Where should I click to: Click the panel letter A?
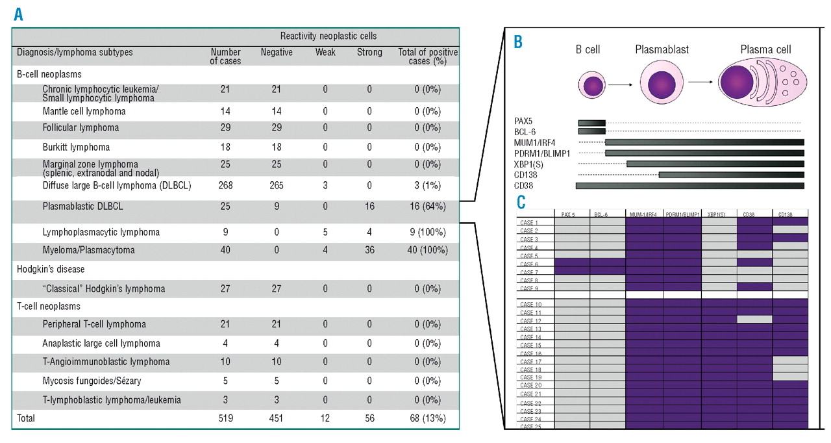pos(18,14)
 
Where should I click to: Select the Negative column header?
pos(277,53)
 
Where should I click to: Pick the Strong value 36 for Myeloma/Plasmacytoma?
pos(369,250)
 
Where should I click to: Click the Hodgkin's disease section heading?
pos(51,269)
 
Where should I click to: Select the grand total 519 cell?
pos(225,419)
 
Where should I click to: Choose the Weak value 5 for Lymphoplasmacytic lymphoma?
pos(325,233)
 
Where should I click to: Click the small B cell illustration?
pos(591,86)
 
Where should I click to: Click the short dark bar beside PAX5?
pos(591,122)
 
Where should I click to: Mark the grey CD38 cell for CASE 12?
pos(754,320)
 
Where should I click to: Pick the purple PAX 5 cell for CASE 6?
pos(571,263)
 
